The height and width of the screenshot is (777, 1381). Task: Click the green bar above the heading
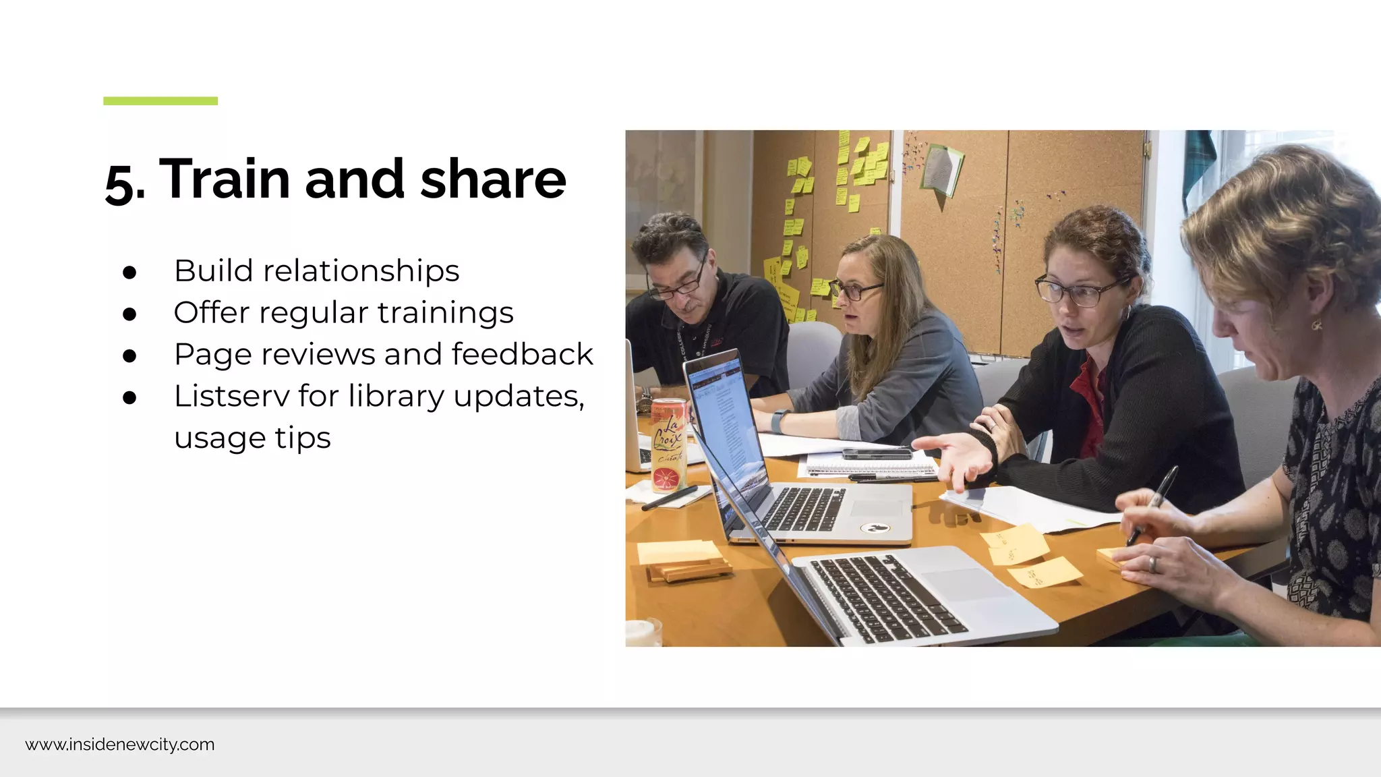(160, 101)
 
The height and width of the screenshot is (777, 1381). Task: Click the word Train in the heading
(225, 179)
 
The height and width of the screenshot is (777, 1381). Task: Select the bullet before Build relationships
(130, 272)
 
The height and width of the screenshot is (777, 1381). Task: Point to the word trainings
(445, 313)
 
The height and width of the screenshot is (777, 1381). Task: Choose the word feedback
(522, 355)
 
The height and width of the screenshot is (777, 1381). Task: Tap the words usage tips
(252, 438)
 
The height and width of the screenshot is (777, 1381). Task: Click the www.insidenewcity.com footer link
(120, 745)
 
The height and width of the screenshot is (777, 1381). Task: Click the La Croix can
(668, 445)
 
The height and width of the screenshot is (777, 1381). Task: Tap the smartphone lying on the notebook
(876, 453)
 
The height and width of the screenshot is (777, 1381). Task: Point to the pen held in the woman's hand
(1154, 502)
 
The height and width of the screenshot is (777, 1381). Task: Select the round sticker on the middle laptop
(875, 528)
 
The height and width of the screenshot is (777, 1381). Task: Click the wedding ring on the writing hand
(1152, 563)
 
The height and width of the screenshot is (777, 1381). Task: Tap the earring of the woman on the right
(1317, 325)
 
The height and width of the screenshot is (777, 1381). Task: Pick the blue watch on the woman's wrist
(777, 422)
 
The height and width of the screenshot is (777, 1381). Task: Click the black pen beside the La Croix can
(669, 498)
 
